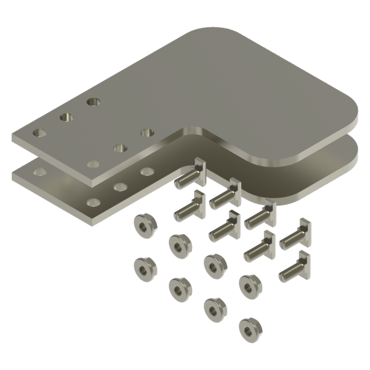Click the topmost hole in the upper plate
[95, 100]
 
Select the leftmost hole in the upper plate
[40, 132]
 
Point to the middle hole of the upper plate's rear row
[67, 116]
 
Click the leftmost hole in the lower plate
[39, 171]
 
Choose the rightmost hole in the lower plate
[147, 171]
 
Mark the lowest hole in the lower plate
[94, 202]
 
